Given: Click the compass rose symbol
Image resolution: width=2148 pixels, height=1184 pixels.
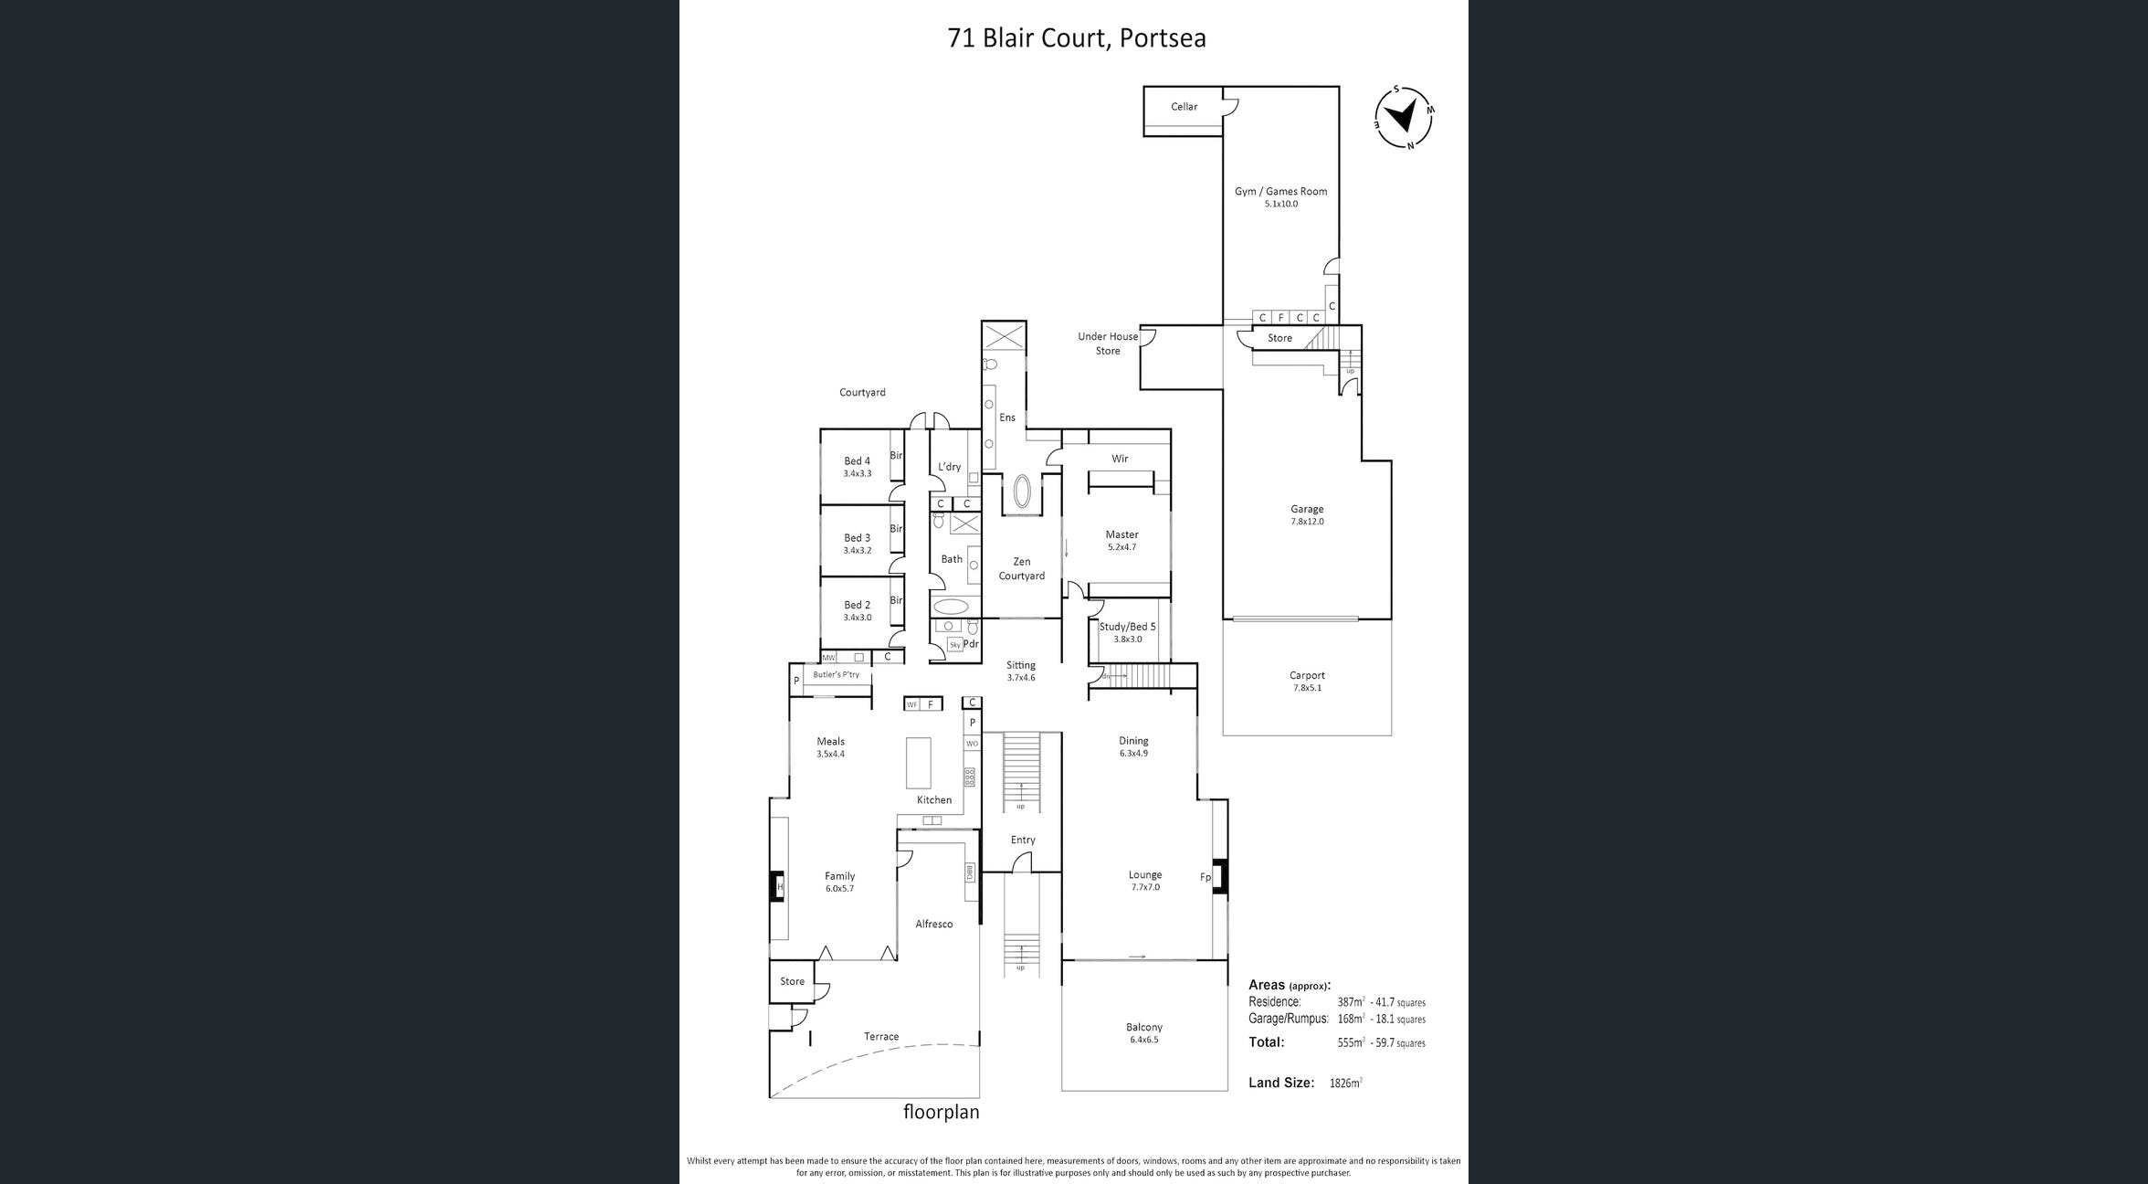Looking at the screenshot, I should [x=1405, y=117].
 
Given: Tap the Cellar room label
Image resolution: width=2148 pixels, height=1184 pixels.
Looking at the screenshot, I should [x=1184, y=107].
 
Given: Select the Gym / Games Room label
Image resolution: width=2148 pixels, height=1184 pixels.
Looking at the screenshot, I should [x=1280, y=192].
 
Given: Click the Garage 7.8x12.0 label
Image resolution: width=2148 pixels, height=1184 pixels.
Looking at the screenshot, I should [x=1307, y=515].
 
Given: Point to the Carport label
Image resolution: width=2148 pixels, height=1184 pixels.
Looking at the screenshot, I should [x=1307, y=676].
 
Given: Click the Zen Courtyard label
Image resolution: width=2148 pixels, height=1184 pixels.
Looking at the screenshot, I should [x=1021, y=569].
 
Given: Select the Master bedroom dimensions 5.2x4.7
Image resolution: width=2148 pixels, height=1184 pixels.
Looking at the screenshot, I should [x=1121, y=547].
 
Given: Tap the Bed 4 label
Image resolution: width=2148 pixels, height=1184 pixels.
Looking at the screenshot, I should [x=857, y=461].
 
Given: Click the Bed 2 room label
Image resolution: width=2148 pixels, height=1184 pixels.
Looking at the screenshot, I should [x=857, y=605].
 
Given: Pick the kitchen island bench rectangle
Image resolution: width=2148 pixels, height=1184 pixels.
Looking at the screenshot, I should [x=918, y=763].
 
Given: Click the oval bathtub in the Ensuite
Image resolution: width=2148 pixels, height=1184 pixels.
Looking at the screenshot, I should [x=1021, y=492].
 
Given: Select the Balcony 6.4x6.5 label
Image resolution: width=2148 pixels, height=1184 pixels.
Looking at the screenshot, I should [x=1143, y=1033].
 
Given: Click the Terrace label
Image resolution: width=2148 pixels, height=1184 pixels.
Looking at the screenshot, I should [x=881, y=1037].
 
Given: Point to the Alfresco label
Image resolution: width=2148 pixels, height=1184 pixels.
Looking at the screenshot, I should [x=933, y=925].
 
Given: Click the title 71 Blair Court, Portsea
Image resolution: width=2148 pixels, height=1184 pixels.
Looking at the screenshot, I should [x=1076, y=38].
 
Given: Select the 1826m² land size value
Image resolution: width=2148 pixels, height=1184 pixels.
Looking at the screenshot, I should [x=1345, y=1084].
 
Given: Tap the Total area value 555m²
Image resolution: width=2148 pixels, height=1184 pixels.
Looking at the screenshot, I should [x=1351, y=1042].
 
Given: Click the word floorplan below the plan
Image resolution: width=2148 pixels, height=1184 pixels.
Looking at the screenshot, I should [x=941, y=1113].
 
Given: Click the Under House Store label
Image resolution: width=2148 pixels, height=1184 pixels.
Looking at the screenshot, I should [x=1107, y=344].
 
